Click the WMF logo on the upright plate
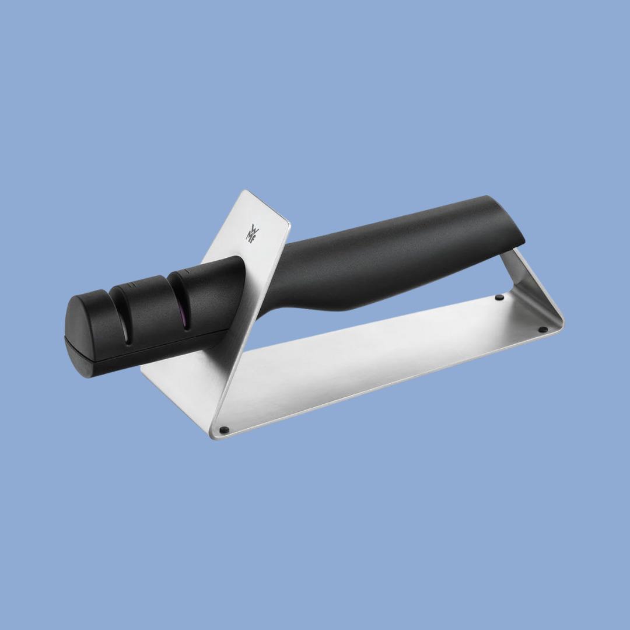coord(253,233)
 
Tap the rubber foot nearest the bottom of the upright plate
coord(225,430)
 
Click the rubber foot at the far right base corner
coord(542,330)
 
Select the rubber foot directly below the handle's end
coord(499,297)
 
